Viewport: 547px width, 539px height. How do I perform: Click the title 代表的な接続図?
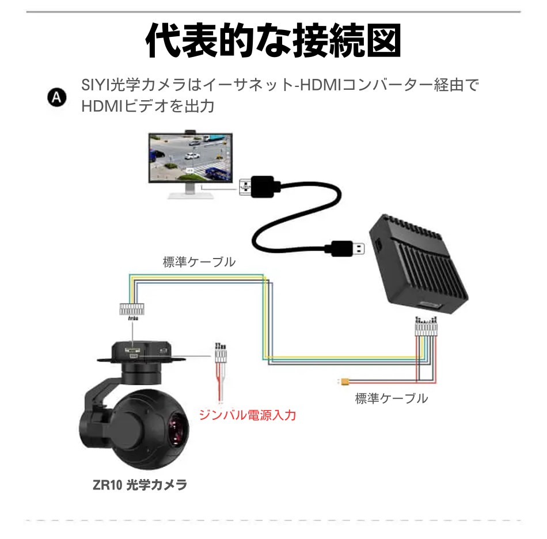273,40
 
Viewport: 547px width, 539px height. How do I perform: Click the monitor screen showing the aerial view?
191,158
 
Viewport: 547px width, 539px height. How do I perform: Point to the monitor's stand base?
191,195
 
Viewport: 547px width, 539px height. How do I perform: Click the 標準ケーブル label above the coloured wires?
199,262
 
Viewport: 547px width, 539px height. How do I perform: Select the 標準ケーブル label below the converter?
392,398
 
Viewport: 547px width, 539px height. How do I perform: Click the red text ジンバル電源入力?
248,415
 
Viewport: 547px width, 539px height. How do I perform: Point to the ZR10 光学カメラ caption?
139,484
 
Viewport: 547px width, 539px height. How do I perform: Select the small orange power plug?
344,382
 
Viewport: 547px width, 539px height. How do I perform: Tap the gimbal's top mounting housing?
141,352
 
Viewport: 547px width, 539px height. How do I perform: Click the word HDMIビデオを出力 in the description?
147,106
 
